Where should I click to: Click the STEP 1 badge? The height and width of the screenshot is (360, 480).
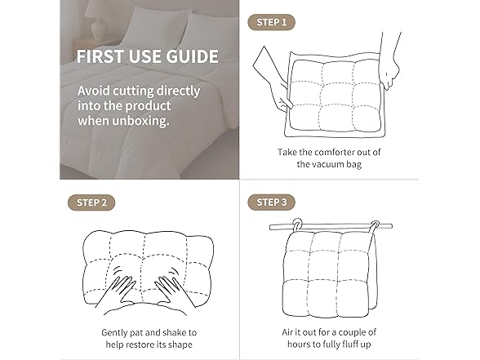[271, 21]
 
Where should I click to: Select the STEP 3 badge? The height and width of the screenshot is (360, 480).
[271, 202]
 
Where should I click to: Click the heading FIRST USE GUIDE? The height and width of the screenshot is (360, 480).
[147, 57]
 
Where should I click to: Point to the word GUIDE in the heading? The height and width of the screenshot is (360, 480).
[191, 57]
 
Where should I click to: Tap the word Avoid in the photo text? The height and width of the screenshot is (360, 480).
[95, 91]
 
